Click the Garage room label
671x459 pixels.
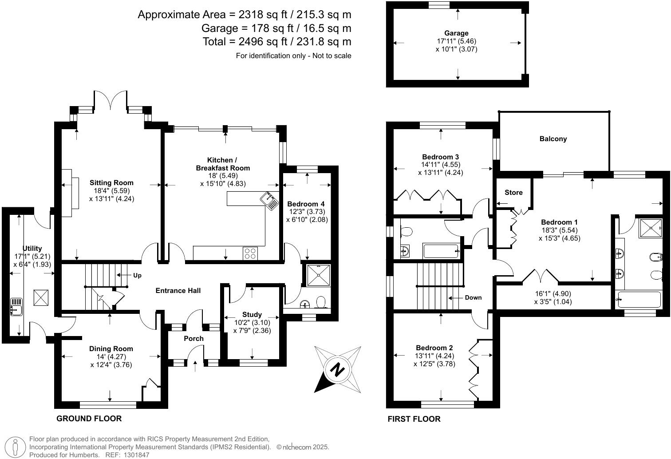pos(456,33)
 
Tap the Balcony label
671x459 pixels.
pos(553,139)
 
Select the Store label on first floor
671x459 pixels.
pos(513,193)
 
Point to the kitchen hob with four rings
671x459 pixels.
pos(250,253)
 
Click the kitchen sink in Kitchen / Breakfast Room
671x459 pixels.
pos(269,200)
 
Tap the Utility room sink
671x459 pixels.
pos(16,306)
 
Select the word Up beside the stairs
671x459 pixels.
pos(137,276)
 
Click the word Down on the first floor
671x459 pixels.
pos(473,297)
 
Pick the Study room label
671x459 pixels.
pos(252,315)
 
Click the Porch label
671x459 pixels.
pos(193,339)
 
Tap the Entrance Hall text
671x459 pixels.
pos(178,291)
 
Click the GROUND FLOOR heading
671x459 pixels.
pos(89,419)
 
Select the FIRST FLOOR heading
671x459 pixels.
pos(414,419)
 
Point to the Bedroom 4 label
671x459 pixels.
pos(307,204)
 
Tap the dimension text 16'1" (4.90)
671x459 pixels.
pos(553,293)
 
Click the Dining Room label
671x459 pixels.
pos(111,349)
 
